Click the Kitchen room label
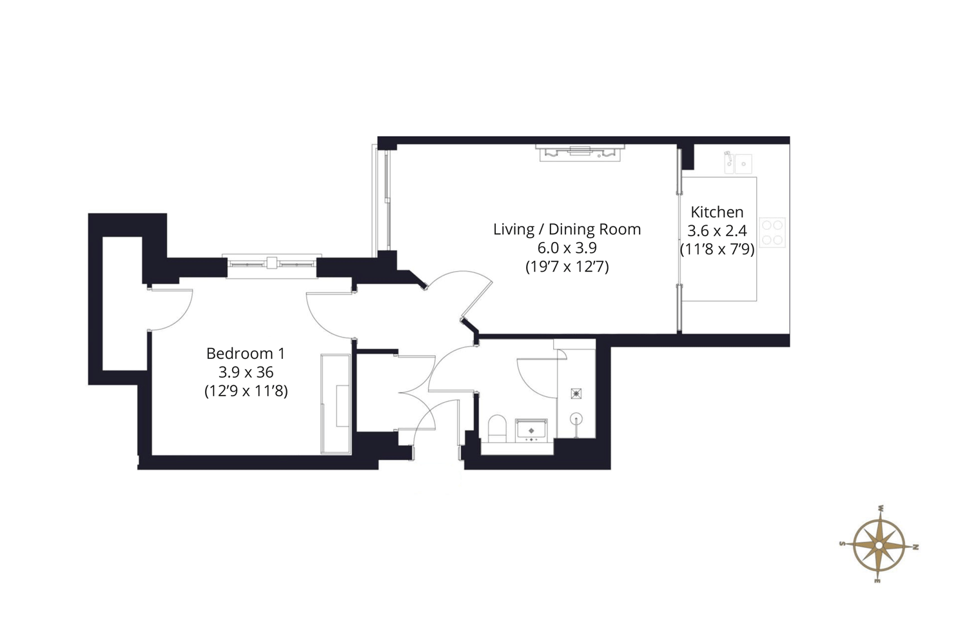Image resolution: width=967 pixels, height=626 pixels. (717, 212)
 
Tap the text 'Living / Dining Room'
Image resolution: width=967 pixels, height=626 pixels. (567, 229)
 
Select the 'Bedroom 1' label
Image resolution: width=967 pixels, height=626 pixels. (246, 354)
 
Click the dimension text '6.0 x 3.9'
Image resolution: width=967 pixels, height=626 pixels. (567, 248)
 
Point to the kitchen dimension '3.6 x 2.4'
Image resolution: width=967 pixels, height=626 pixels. (717, 231)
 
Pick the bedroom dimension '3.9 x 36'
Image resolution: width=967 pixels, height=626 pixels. (246, 372)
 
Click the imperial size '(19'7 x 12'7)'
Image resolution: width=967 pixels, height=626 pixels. (567, 267)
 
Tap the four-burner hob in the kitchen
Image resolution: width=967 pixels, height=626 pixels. (772, 232)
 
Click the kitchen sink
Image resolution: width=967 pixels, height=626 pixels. (737, 163)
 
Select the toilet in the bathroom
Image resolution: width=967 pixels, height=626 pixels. (497, 429)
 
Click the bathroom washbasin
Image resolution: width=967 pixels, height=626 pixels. (531, 430)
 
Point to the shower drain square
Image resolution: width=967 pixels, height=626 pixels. (576, 394)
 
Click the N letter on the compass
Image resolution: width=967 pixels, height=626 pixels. (915, 547)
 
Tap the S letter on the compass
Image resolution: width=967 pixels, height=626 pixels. (842, 543)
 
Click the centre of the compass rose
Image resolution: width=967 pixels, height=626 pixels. (879, 545)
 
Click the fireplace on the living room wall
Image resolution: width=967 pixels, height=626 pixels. (580, 153)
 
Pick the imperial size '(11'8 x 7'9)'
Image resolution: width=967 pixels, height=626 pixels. (717, 250)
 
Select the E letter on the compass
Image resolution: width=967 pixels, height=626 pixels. (877, 581)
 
